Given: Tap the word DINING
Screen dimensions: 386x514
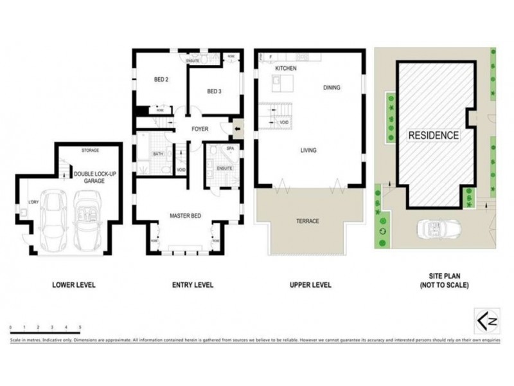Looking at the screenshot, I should tap(332, 88).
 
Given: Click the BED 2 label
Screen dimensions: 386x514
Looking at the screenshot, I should tap(161, 80).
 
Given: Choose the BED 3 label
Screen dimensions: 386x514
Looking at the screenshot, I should tap(214, 91).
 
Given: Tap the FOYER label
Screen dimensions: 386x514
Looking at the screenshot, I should tap(200, 129).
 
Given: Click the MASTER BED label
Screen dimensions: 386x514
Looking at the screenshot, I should tap(186, 216).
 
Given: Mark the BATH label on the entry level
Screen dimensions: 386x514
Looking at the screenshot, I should tap(157, 154).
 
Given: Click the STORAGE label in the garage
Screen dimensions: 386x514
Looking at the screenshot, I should tap(90, 151).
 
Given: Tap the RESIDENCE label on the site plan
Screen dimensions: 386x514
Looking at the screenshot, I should tap(434, 136).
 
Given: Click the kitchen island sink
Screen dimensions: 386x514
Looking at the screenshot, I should tap(276, 82).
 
